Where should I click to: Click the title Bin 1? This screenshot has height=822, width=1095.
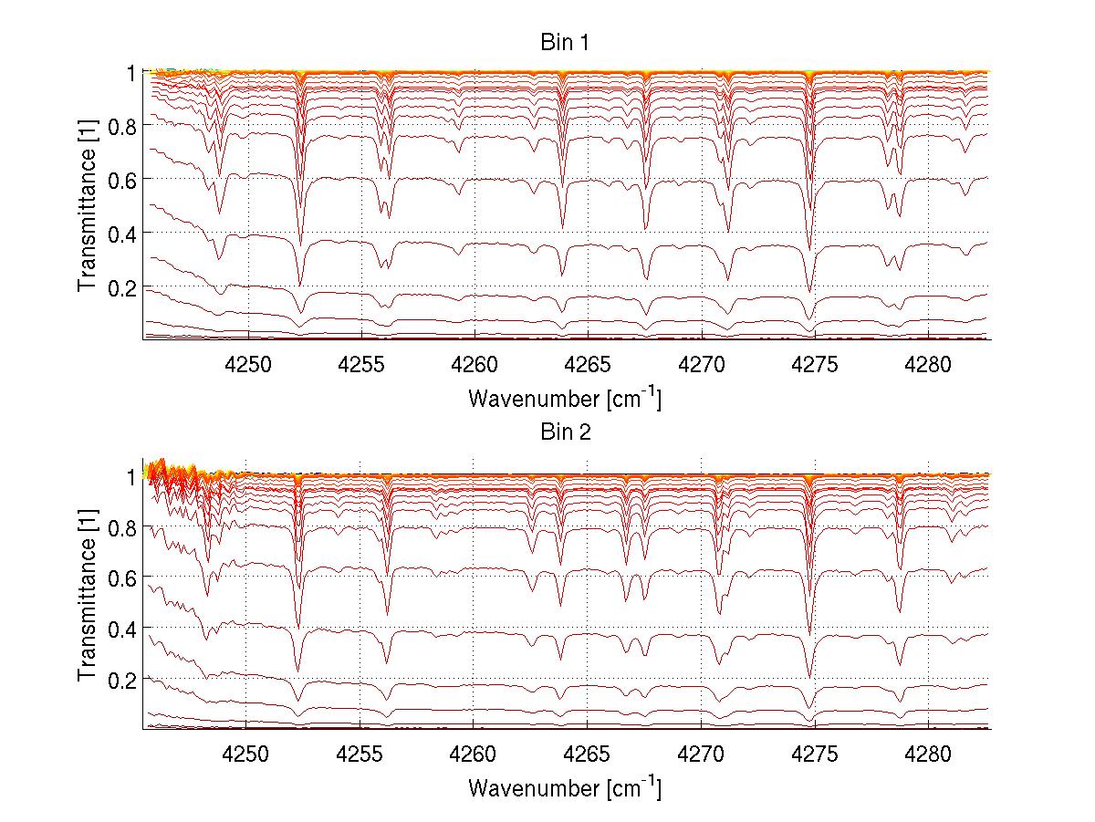[566, 44]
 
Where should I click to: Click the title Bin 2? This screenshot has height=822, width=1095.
[566, 432]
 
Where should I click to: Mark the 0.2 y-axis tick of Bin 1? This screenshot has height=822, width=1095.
[122, 287]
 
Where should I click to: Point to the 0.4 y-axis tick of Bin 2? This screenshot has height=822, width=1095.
[122, 629]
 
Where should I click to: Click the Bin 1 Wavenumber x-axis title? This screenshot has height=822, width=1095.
[564, 399]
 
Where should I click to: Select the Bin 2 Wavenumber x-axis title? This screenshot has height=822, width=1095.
[564, 787]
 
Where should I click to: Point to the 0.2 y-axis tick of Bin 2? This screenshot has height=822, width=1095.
[122, 680]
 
